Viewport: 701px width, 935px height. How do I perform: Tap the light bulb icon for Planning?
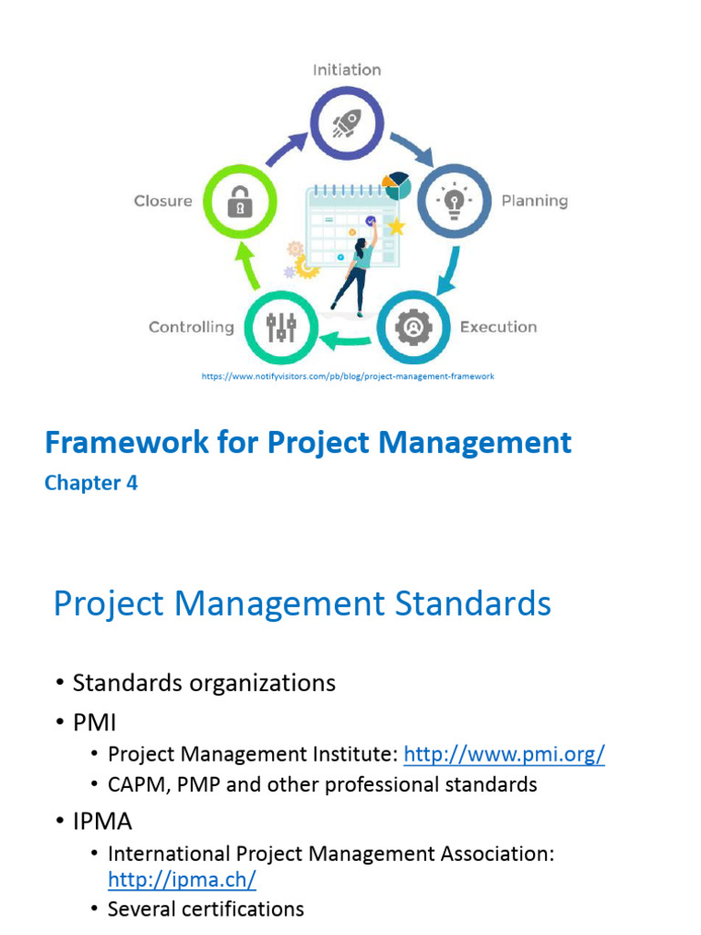[x=454, y=200]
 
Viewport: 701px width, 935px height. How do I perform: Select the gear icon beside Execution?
[x=413, y=326]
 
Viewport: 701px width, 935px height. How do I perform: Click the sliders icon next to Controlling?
[x=281, y=326]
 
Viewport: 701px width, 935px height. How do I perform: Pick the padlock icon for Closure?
[x=239, y=200]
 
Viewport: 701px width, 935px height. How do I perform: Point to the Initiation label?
[x=347, y=69]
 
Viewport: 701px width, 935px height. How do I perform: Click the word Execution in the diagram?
[x=498, y=327]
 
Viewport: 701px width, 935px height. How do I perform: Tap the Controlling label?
[x=191, y=327]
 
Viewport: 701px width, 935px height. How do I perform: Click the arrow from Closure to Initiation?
[x=285, y=146]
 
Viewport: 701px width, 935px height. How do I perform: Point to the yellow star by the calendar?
[x=396, y=226]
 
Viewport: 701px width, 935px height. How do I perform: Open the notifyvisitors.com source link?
[x=347, y=376]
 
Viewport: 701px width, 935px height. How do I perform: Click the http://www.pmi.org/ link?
[x=504, y=754]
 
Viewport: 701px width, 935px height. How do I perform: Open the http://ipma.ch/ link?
[x=182, y=879]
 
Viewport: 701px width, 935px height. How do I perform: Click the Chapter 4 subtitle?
[x=91, y=483]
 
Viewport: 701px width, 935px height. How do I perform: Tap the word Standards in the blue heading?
[x=465, y=604]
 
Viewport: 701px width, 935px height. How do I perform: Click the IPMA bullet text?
[x=102, y=822]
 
